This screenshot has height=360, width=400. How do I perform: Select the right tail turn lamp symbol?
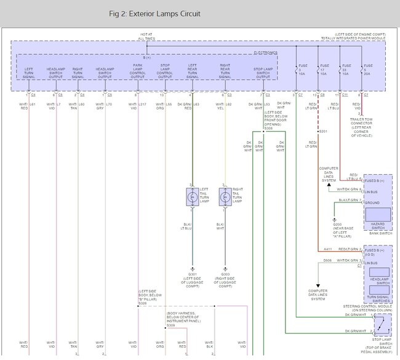(x=225, y=197)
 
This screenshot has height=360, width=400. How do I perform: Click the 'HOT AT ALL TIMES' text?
(x=146, y=38)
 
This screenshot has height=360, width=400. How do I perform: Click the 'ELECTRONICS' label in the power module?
(x=266, y=54)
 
